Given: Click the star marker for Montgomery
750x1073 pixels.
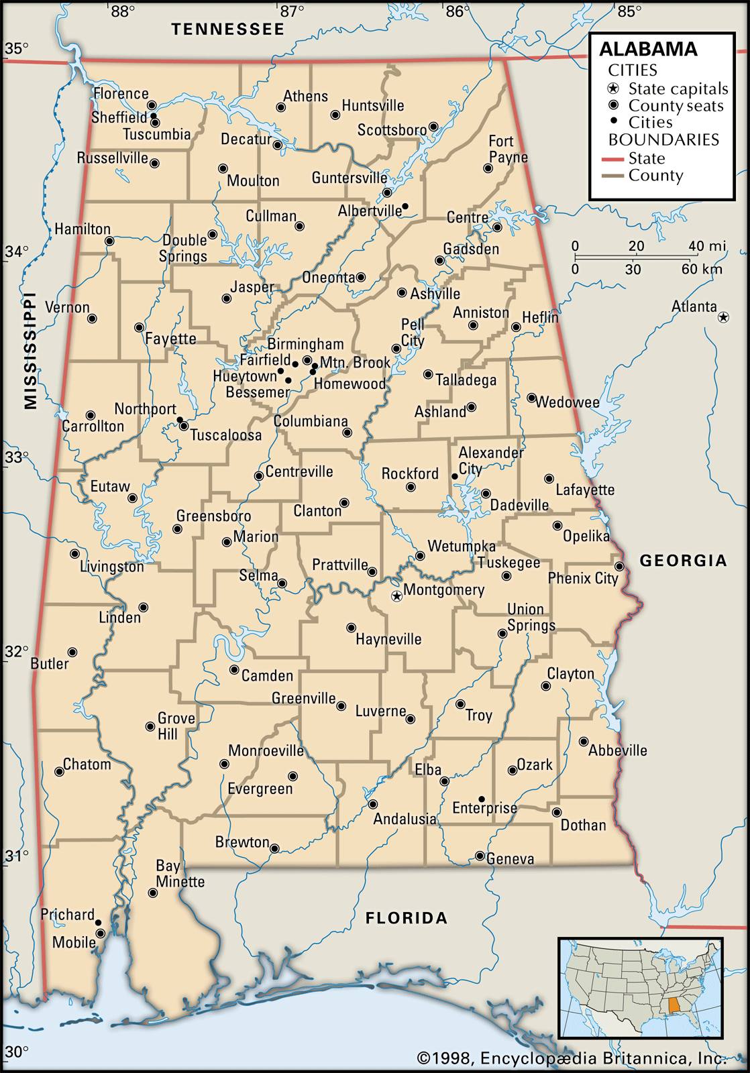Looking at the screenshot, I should pos(397,596).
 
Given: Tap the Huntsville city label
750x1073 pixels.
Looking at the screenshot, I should pos(373,106).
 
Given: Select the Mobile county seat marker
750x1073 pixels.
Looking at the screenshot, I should pos(100,934).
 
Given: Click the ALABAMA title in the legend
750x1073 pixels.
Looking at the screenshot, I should pos(648,50).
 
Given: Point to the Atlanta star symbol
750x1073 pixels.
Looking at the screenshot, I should pos(723,317).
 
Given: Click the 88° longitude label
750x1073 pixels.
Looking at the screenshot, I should pos(122,11).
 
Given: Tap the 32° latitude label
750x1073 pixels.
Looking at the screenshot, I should pos(17,652).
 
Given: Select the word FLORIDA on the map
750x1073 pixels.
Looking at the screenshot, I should pos(406,918).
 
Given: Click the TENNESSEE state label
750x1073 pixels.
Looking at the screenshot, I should pos(227,30).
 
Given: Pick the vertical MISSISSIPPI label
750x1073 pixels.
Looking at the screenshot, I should pos(30,350).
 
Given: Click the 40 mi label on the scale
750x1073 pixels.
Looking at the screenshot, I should pos(707,246).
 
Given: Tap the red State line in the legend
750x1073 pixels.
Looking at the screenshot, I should pos(612,160).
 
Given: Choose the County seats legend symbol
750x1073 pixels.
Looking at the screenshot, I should pos(613,105).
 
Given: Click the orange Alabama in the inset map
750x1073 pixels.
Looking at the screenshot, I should pos(674,1006).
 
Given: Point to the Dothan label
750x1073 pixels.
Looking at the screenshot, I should pos(583,826).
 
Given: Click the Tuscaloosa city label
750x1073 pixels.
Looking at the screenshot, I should pos(225,435).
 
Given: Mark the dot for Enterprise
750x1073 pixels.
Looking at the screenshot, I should pos(482,799).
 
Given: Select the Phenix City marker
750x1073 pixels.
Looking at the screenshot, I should pos(619,567).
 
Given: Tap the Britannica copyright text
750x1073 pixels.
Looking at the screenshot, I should pos(572,1058).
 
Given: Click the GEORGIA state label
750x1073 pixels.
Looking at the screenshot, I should pos(683,561).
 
